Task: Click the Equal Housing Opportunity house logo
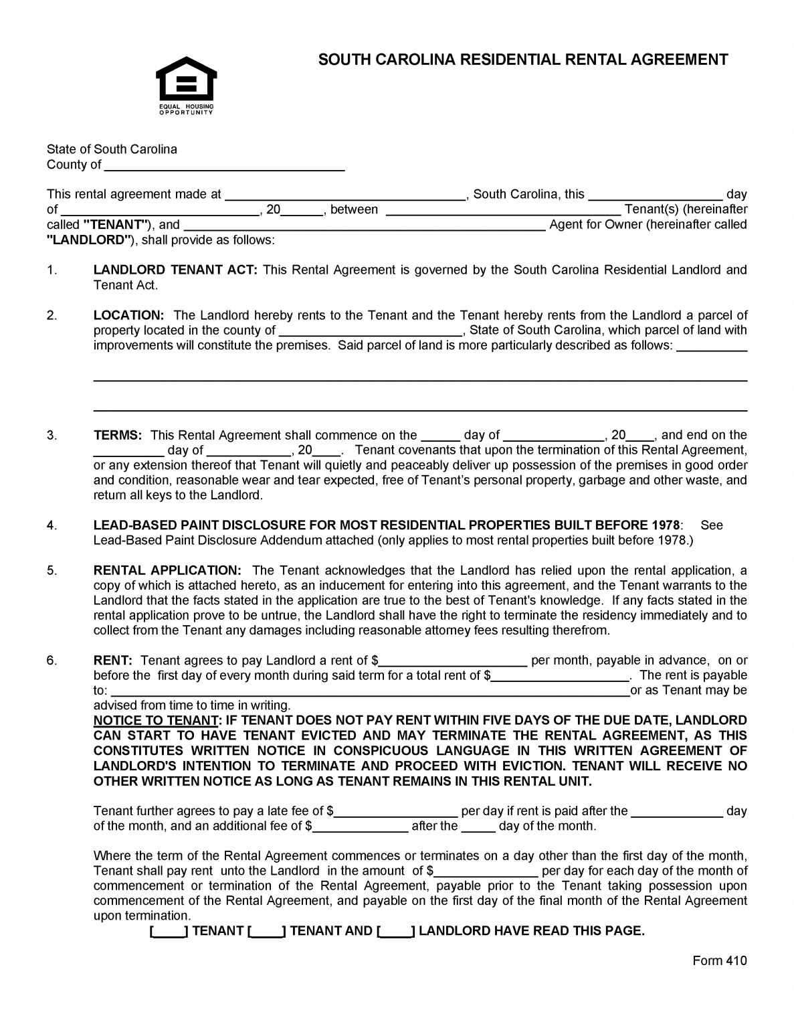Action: [186, 80]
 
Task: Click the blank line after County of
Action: [224, 166]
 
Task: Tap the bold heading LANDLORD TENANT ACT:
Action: [175, 270]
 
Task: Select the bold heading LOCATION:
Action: [128, 315]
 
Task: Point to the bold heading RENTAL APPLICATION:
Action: [167, 571]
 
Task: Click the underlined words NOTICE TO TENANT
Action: [156, 721]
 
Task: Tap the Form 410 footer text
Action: [719, 961]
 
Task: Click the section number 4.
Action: [52, 526]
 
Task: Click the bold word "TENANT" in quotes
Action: [115, 225]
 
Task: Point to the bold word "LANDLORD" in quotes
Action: [88, 240]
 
